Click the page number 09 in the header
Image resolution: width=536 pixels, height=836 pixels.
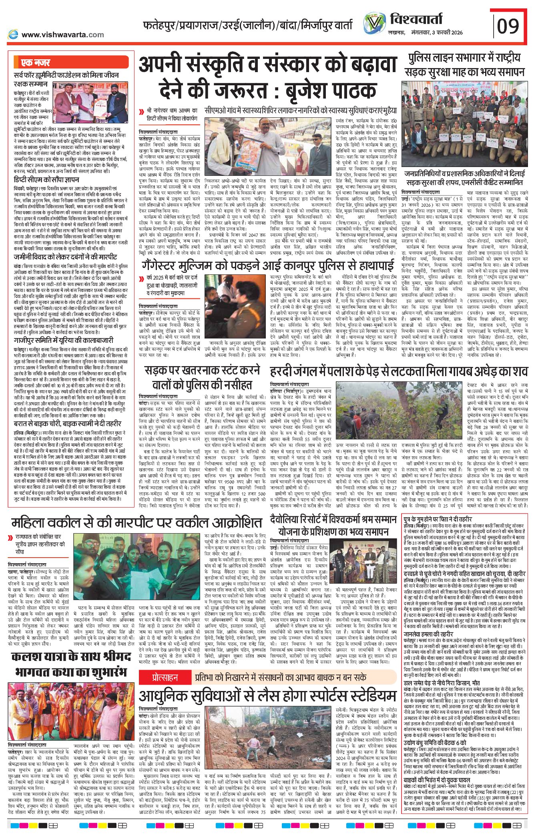508,26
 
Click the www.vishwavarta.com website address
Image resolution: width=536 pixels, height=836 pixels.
62,35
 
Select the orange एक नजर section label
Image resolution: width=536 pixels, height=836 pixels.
36,63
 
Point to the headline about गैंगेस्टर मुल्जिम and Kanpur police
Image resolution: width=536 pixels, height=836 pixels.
268,266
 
